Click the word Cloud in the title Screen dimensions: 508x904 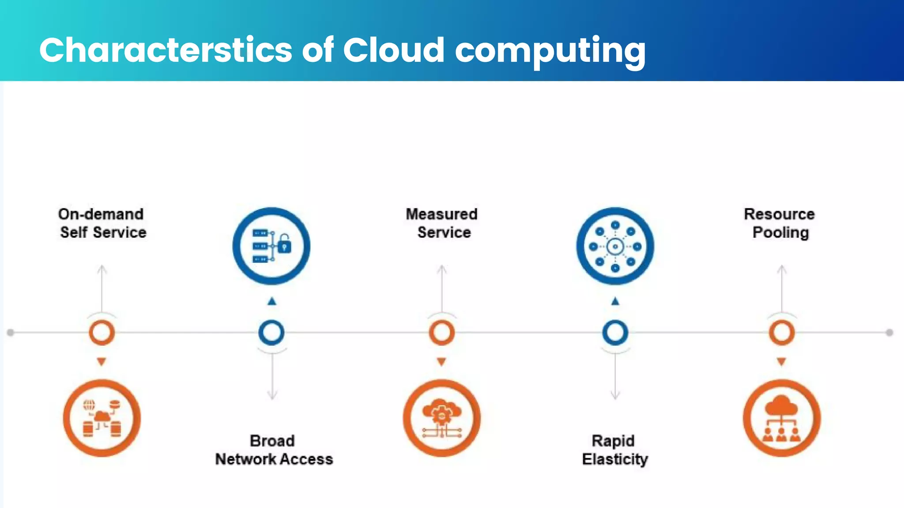393,50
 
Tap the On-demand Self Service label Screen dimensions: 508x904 102,223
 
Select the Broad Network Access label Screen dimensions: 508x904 274,450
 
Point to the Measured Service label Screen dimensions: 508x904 442,223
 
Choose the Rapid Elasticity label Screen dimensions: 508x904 614,450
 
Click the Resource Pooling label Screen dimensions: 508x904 780,223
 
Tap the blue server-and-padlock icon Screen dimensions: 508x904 271,246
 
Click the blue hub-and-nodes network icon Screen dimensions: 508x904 615,246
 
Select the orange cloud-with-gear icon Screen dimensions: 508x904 441,418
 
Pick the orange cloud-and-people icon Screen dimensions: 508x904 782,418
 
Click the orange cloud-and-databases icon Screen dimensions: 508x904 102,418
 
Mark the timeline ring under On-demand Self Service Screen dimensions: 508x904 102,332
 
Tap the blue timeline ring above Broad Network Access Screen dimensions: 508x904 271,332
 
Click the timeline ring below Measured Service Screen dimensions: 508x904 442,332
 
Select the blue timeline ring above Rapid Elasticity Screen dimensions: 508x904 615,332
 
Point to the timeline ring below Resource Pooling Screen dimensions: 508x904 782,332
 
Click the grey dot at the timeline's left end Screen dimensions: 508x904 11,332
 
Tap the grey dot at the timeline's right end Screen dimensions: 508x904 889,332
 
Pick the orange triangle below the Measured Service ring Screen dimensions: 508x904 441,362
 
